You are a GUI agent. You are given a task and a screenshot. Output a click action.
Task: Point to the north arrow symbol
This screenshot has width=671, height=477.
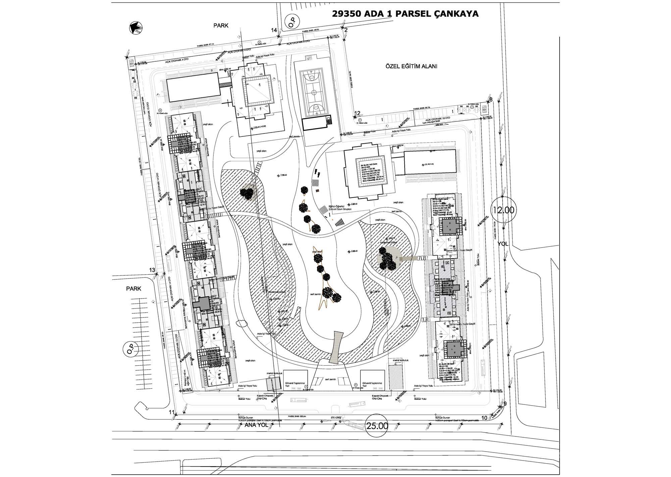click(137, 28)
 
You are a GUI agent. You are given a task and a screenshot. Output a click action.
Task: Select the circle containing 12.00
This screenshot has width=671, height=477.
click(503, 210)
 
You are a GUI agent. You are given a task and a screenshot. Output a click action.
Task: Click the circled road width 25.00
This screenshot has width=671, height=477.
click(377, 426)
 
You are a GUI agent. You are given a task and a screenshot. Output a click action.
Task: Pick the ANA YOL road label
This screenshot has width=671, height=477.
click(256, 425)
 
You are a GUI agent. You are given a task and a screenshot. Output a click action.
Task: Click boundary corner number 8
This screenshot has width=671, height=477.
click(491, 99)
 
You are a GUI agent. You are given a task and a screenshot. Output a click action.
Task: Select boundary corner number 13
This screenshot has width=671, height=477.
click(152, 270)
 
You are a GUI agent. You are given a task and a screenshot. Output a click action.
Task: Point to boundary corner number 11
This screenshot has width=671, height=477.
click(172, 412)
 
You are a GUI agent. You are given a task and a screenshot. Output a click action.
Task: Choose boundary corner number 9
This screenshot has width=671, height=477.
click(505, 404)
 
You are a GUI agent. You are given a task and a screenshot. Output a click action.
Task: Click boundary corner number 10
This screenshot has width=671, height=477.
click(484, 418)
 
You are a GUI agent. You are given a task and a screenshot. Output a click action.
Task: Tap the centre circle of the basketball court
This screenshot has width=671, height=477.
click(313, 91)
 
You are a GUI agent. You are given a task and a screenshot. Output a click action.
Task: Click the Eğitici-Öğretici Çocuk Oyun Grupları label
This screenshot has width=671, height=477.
click(339, 207)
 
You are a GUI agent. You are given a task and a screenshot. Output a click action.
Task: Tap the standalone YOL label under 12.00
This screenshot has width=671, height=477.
click(503, 244)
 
